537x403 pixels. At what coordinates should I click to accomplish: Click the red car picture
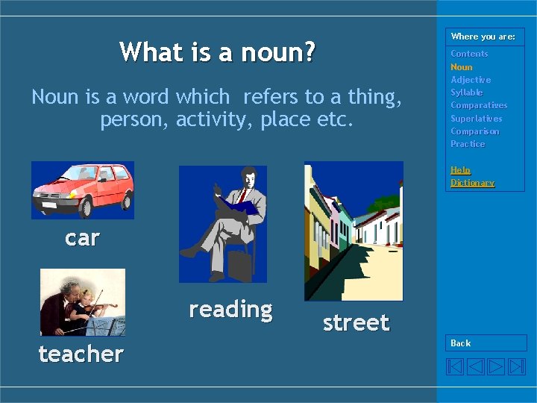point(82,190)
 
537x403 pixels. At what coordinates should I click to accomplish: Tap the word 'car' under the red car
point(82,238)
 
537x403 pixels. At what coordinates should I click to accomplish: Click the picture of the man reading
point(222,223)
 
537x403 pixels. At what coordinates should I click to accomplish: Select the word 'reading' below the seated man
point(230,309)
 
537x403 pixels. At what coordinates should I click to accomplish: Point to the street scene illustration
point(354,231)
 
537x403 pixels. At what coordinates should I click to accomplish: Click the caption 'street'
point(356,322)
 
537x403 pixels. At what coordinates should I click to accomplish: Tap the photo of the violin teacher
point(82,302)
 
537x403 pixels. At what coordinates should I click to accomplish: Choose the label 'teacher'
point(81,354)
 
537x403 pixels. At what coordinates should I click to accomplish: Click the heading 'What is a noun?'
point(217,52)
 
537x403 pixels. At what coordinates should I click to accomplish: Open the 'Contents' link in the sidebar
point(469,54)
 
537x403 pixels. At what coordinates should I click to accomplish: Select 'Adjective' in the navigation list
point(471,80)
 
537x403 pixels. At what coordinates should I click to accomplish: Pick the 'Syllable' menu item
point(467,93)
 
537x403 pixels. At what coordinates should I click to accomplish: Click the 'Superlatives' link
point(477,119)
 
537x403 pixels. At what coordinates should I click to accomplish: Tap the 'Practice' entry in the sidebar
point(468,144)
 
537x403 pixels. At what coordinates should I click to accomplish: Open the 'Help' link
point(460,170)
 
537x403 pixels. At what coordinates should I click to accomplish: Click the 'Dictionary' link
point(472,183)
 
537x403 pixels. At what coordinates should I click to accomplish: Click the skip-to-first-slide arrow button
point(455,366)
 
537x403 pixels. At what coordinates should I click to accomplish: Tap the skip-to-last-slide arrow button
point(517,366)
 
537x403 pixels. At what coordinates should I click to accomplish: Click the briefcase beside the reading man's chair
point(240,265)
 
